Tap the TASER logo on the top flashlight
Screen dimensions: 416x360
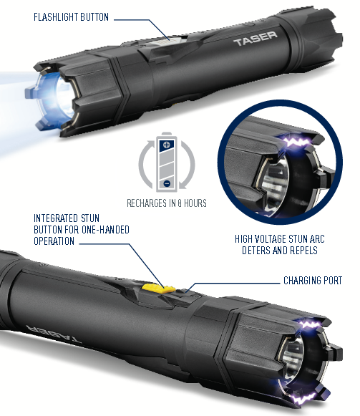tap(254, 42)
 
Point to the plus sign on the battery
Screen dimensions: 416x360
tap(167, 145)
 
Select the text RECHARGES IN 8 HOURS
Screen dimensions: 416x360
tap(166, 204)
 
